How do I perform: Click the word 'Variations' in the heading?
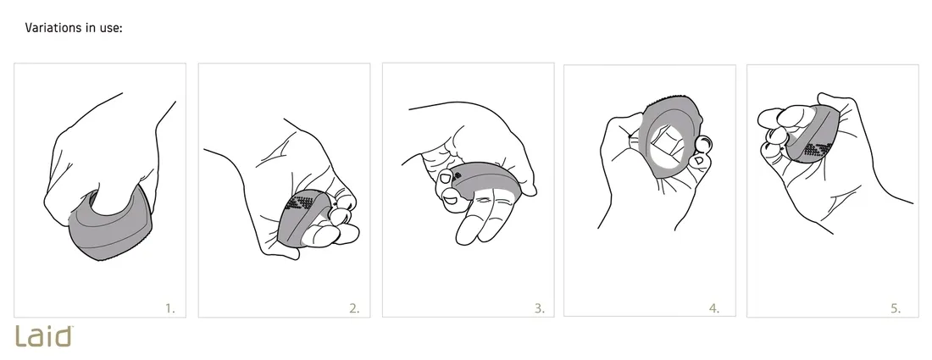[x=53, y=27]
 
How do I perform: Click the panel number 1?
[x=170, y=308]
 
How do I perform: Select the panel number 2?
[x=354, y=308]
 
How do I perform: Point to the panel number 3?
[x=539, y=308]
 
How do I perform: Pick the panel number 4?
[x=714, y=308]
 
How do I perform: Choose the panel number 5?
[x=896, y=308]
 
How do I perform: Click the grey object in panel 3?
[x=486, y=177]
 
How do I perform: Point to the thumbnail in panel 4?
[x=699, y=160]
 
